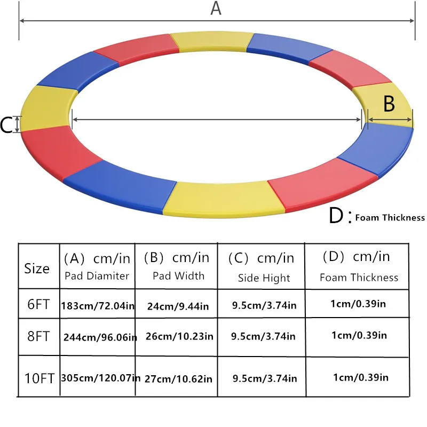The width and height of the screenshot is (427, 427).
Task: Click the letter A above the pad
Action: [x=216, y=9]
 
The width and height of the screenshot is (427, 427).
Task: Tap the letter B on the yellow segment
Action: [x=389, y=104]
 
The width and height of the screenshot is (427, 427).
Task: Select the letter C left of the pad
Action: [x=6, y=125]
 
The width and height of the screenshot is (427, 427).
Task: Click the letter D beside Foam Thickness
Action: [x=336, y=216]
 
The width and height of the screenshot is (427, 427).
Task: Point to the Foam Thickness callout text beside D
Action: [x=390, y=217]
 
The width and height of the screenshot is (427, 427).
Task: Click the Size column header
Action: [x=37, y=268]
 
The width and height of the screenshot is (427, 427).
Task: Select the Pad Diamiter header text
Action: [x=97, y=276]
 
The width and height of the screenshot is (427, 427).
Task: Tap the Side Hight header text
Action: [x=264, y=278]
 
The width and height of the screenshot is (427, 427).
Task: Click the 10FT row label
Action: [x=39, y=378]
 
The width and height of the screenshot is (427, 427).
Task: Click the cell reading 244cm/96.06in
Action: [x=100, y=337]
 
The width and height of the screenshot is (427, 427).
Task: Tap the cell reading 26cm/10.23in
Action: [x=179, y=337]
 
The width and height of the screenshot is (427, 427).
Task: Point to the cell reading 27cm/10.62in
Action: [x=179, y=379]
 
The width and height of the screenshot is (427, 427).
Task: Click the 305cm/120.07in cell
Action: [x=101, y=378]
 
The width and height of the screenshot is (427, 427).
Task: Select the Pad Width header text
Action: [x=178, y=276]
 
